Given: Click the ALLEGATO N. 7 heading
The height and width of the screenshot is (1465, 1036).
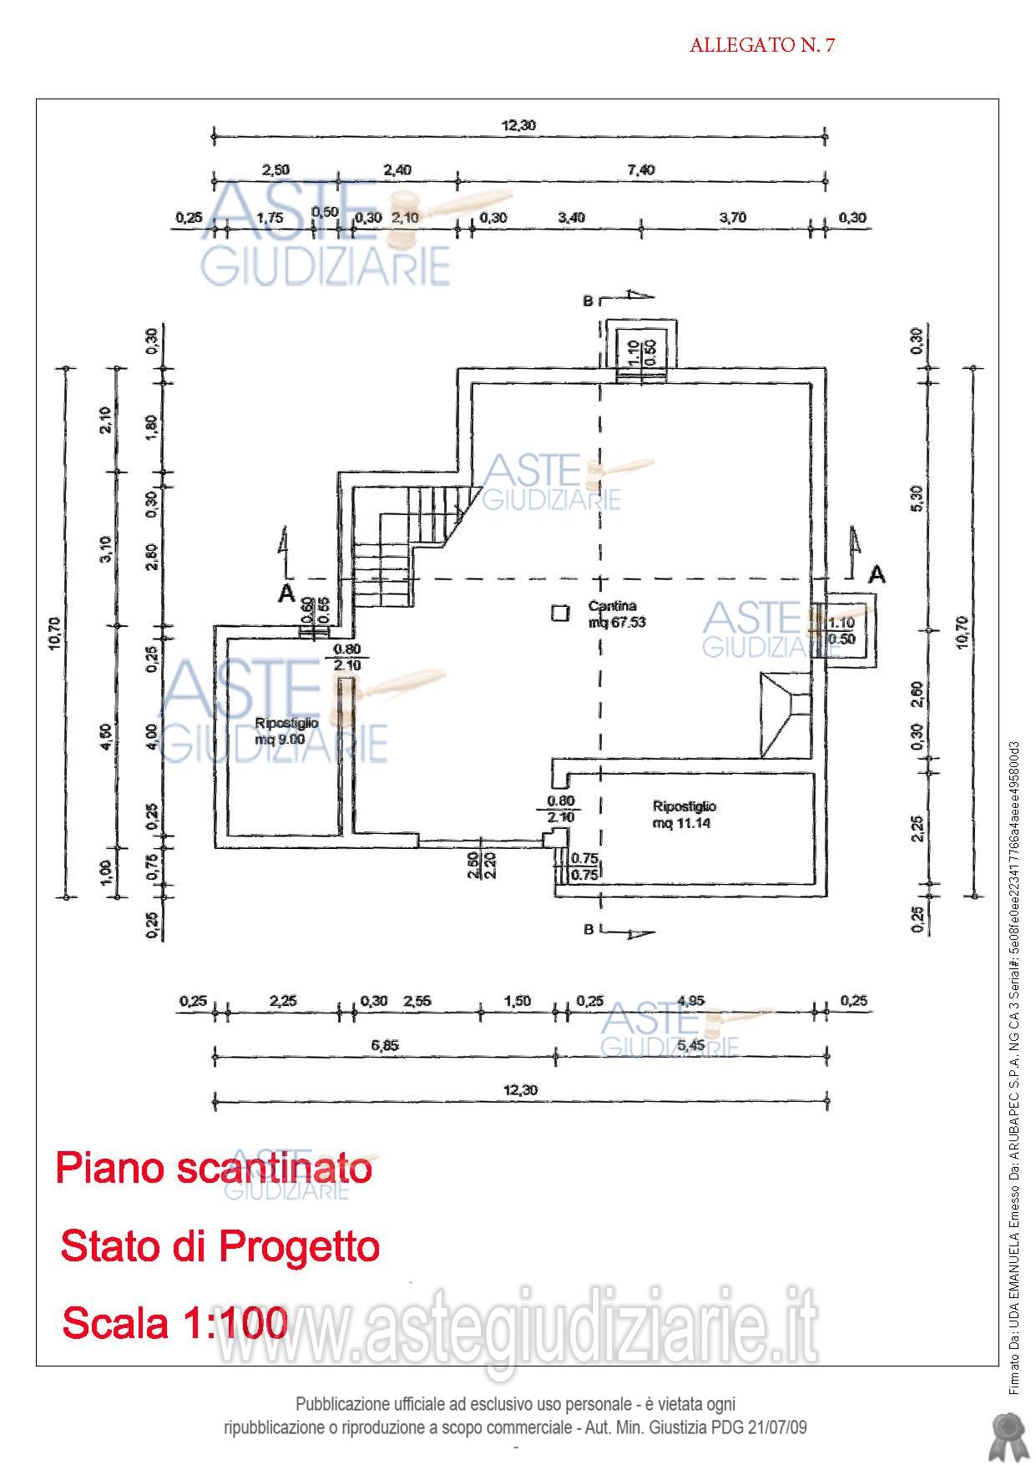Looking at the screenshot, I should pos(761,46).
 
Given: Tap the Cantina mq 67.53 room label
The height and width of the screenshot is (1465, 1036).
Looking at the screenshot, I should pos(616,614).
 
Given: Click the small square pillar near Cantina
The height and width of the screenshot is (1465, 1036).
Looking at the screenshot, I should pos(558,614).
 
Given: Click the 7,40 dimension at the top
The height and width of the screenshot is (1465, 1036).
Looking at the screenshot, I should pos(641,170).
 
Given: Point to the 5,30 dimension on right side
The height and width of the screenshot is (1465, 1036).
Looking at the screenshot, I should pos(917,498).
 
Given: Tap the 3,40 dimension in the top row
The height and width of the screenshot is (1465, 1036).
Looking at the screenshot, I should pos(572,218).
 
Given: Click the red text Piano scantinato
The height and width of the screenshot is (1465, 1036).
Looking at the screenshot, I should pos(214,1167).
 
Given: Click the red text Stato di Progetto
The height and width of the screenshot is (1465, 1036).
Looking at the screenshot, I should pos(220,1246).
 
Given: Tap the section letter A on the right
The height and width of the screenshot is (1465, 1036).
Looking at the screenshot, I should pos(877,574).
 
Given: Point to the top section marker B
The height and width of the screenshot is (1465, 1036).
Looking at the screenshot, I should pos(589,302).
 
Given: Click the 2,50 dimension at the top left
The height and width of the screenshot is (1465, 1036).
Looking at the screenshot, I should pos(275,170).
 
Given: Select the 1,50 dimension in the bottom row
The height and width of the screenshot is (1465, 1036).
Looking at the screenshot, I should pos(518,1001).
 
